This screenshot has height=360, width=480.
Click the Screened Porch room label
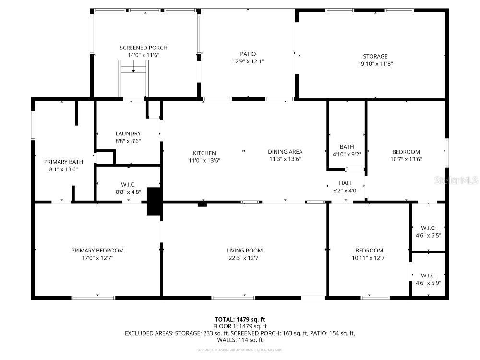(144, 48)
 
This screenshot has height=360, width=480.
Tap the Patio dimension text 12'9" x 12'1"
(248, 61)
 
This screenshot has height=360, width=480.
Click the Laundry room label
(128, 133)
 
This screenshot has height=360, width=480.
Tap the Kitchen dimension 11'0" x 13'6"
(205, 160)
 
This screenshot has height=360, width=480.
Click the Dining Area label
(285, 152)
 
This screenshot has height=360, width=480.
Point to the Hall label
(346, 183)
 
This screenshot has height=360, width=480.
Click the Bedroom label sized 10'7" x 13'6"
(406, 152)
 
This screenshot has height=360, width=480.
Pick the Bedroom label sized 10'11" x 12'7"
(369, 250)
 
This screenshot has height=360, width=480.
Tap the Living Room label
(245, 250)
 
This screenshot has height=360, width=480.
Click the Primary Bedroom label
(97, 250)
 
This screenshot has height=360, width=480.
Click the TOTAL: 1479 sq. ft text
(240, 319)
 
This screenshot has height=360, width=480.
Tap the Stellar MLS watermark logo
(456, 181)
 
